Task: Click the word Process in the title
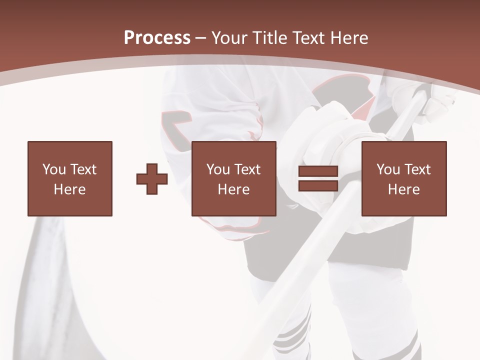pos(157,38)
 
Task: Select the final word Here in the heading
pos(348,38)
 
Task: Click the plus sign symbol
pos(152,178)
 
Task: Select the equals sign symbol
pos(318,178)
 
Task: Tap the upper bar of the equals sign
pos(318,172)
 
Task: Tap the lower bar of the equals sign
pos(318,186)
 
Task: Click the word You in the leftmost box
pos(53,169)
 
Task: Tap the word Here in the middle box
pos(233,189)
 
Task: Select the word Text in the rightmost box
pos(417,169)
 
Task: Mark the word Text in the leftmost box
pos(83,169)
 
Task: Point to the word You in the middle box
pos(218,169)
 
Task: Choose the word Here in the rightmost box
pos(403,189)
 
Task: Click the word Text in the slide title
pos(308,38)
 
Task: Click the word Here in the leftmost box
pos(69,189)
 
